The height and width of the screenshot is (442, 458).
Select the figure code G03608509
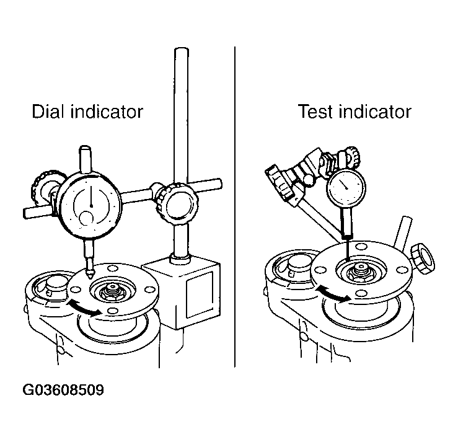pyautogui.click(x=63, y=390)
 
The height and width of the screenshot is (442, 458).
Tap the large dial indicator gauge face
pyautogui.click(x=90, y=205)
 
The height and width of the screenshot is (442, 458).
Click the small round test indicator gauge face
pyautogui.click(x=346, y=187)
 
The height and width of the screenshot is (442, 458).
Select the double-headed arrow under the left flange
pyautogui.click(x=85, y=308)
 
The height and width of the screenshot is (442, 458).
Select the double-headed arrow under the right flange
pyautogui.click(x=333, y=294)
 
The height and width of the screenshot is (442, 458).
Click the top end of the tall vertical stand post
pyautogui.click(x=182, y=49)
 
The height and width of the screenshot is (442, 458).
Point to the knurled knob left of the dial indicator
pyautogui.click(x=45, y=188)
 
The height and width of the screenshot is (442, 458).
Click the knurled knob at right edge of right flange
pyautogui.click(x=423, y=259)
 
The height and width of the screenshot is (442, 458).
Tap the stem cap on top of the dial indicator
pyautogui.click(x=86, y=159)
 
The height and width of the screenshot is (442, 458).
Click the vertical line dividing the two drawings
pyautogui.click(x=235, y=206)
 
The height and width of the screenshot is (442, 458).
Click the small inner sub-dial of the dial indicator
pyautogui.click(x=86, y=218)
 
